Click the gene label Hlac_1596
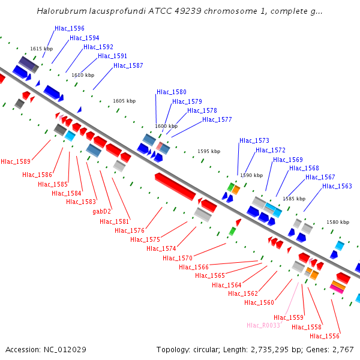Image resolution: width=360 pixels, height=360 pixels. point(69,28)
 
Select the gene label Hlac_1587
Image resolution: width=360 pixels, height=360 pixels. point(128,65)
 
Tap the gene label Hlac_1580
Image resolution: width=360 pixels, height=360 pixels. point(171,92)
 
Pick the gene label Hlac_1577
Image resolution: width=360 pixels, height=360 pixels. point(217,119)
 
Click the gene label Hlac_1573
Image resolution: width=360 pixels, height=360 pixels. point(254,140)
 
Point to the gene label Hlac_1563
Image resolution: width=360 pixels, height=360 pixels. point(337,186)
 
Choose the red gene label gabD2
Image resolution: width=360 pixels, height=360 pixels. point(101,211)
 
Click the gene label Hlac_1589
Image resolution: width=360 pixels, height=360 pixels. point(16,161)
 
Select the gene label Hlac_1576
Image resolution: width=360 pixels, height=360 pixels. point(129,230)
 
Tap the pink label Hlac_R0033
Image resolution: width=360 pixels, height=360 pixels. point(263,325)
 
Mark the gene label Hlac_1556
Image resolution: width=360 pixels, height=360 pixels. point(325,336)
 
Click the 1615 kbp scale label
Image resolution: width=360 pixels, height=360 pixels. point(41,49)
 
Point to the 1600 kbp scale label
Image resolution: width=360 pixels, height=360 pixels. point(166,126)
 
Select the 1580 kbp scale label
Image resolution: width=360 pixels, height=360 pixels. point(337,222)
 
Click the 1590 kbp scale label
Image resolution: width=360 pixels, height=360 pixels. point(251,175)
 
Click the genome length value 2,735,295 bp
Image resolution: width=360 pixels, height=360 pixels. point(259,349)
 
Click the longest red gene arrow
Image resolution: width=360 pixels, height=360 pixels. point(176,187)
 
